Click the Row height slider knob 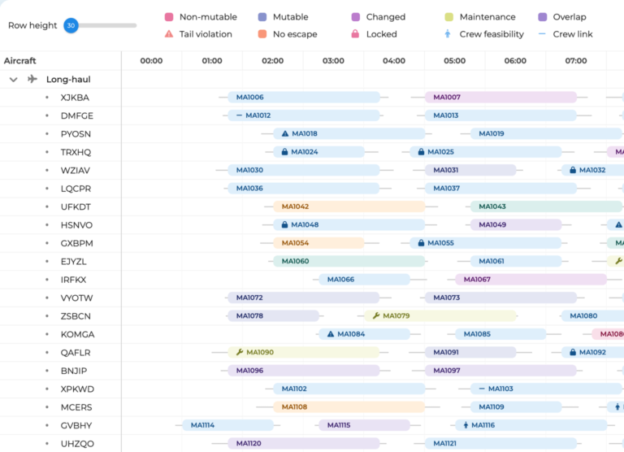[71, 25]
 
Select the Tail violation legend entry [198, 34]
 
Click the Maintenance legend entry [480, 17]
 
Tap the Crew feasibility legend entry [484, 34]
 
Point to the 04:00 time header [394, 61]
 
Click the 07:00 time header [576, 61]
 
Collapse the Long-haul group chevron [14, 79]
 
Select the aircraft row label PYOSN [76, 134]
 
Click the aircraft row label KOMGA [78, 334]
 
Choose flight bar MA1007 [500, 98]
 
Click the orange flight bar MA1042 [349, 206]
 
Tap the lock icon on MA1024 [284, 152]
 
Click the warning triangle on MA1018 [285, 134]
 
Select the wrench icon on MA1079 [376, 315]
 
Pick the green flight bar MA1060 [349, 261]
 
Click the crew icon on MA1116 [466, 425]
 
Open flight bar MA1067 [531, 280]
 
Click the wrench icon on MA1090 [240, 352]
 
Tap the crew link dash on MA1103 [482, 389]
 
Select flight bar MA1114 [227, 425]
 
